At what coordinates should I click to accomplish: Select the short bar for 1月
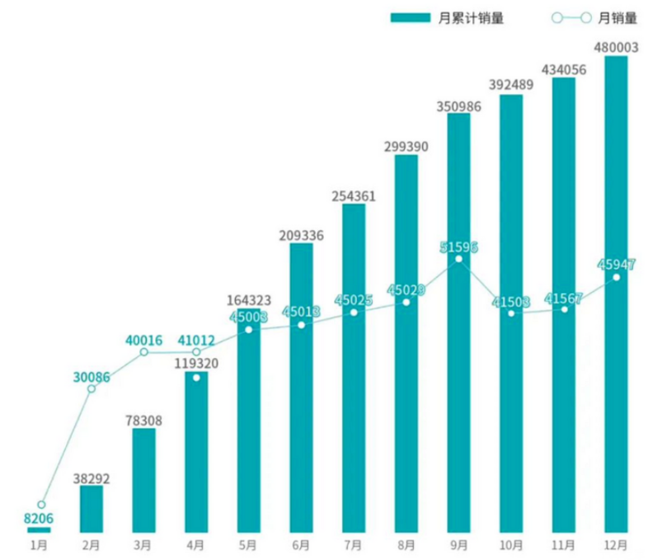coord(39,529)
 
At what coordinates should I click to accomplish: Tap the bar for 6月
coord(301,388)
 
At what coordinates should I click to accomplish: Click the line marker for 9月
coord(458,259)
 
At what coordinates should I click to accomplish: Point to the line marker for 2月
coord(92,388)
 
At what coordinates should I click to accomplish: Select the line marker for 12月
coord(616,277)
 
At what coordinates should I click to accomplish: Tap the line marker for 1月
coord(40,504)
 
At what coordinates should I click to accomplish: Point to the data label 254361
coord(353,195)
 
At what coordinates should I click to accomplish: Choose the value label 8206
coord(39,518)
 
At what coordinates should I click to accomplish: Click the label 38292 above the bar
coord(91,477)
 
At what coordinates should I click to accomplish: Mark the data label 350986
coord(458,105)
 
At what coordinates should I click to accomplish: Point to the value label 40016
coord(143,339)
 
